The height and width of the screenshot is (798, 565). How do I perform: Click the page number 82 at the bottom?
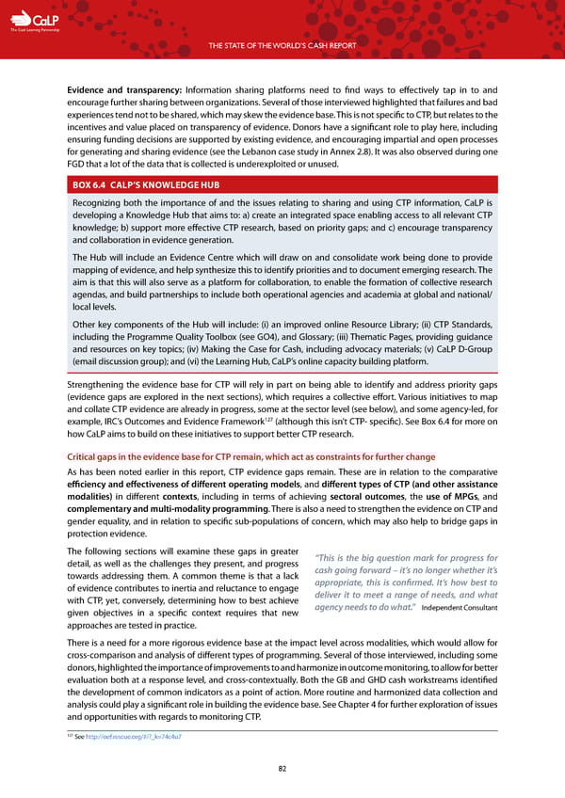point(282,768)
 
